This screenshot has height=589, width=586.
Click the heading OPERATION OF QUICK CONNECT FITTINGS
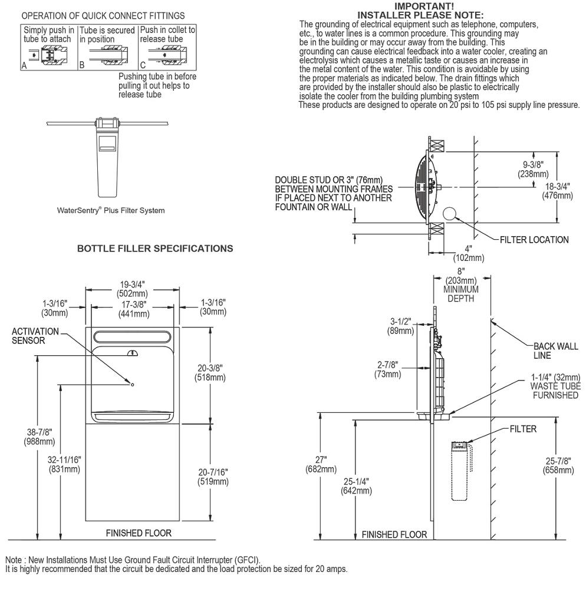pos(103,15)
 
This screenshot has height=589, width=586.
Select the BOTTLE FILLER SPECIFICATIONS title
pos(155,249)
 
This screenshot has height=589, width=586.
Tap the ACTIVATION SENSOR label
pos(35,336)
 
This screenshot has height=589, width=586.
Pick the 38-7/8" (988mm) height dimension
pos(24,437)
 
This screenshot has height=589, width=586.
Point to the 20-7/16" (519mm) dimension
pos(212,477)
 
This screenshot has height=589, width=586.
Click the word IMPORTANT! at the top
pos(437,6)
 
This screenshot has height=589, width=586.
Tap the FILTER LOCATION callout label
pos(534,240)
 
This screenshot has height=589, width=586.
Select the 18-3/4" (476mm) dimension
pos(557,191)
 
